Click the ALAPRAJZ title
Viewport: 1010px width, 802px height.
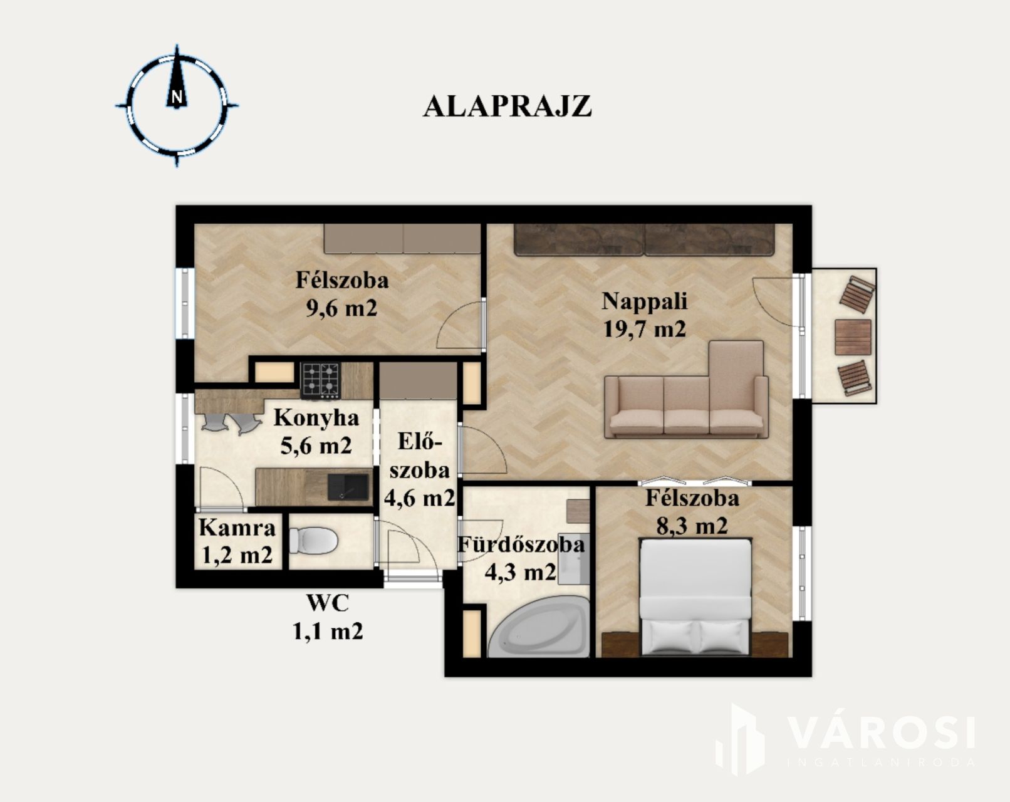point(508,107)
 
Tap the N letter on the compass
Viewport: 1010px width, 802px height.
point(177,97)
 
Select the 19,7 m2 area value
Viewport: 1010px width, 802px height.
point(644,328)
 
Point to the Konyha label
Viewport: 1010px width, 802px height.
point(316,418)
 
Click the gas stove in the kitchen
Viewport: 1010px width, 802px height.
point(321,380)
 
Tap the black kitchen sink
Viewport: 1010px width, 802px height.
point(348,486)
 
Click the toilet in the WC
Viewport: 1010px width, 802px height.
point(313,541)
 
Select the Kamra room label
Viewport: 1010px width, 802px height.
point(237,528)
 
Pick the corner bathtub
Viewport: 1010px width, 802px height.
point(539,628)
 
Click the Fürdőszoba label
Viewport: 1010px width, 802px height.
point(521,545)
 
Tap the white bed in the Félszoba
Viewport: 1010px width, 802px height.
point(695,596)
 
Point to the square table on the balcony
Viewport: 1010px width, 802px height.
point(853,337)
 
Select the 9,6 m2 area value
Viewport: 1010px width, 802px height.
point(341,308)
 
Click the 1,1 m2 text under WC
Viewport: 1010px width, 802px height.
point(328,631)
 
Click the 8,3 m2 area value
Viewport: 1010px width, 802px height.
point(692,526)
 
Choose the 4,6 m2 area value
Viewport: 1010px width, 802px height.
point(419,497)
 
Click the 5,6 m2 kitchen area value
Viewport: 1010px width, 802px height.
point(316,445)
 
